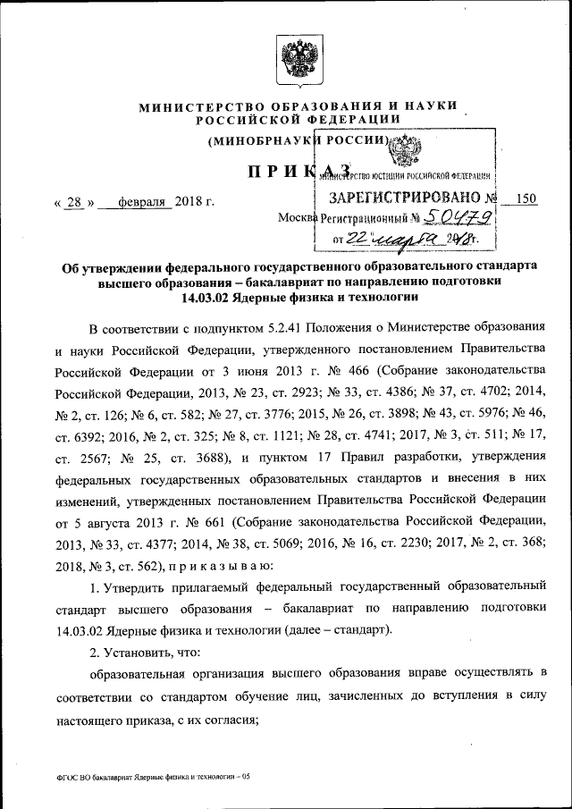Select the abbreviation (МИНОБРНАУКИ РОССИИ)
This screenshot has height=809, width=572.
pos(296,140)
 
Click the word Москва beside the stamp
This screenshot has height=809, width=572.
pos(296,218)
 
